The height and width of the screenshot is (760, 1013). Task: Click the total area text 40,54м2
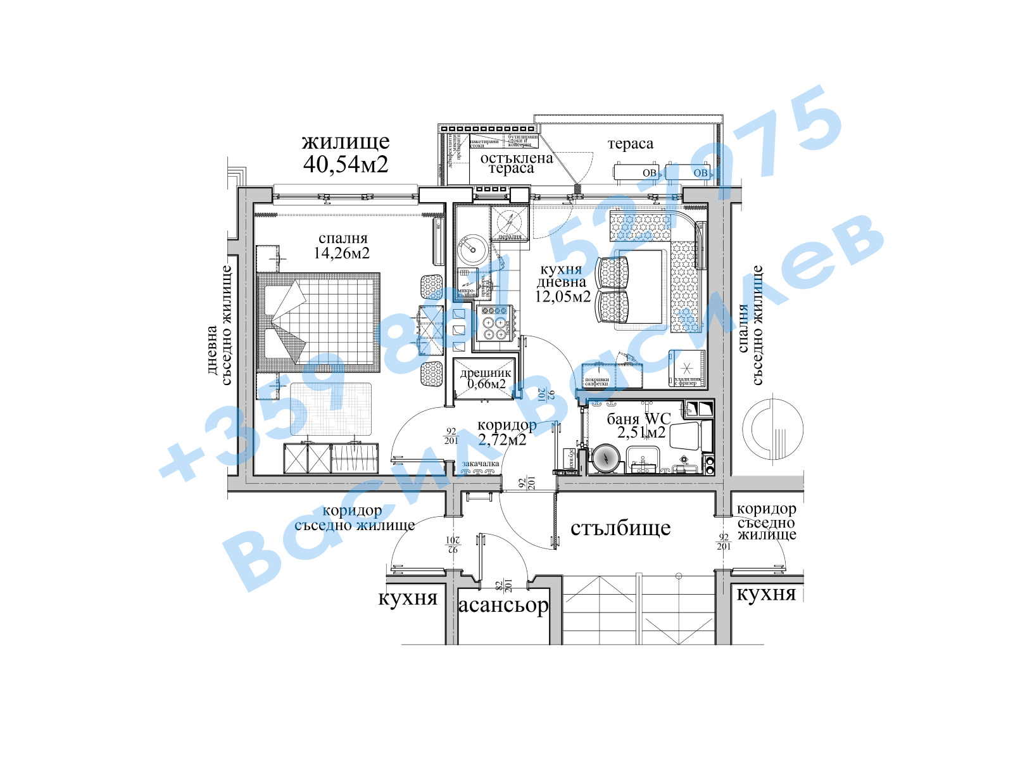[345, 165]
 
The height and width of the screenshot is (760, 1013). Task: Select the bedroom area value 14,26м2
[342, 253]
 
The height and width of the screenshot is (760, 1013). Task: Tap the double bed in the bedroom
[320, 323]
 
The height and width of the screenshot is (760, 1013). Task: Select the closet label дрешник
[485, 373]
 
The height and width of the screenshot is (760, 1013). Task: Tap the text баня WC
[638, 419]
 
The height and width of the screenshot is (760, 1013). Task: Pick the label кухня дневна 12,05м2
[562, 283]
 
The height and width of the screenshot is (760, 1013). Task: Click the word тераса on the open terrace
[630, 144]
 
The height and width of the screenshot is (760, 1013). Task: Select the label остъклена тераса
[516, 163]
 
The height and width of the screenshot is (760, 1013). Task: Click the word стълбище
[620, 528]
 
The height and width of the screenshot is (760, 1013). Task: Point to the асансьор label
[503, 605]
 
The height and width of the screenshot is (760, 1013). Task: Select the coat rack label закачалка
[481, 464]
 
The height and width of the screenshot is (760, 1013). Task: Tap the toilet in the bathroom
[685, 436]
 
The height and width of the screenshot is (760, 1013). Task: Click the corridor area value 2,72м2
[502, 439]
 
